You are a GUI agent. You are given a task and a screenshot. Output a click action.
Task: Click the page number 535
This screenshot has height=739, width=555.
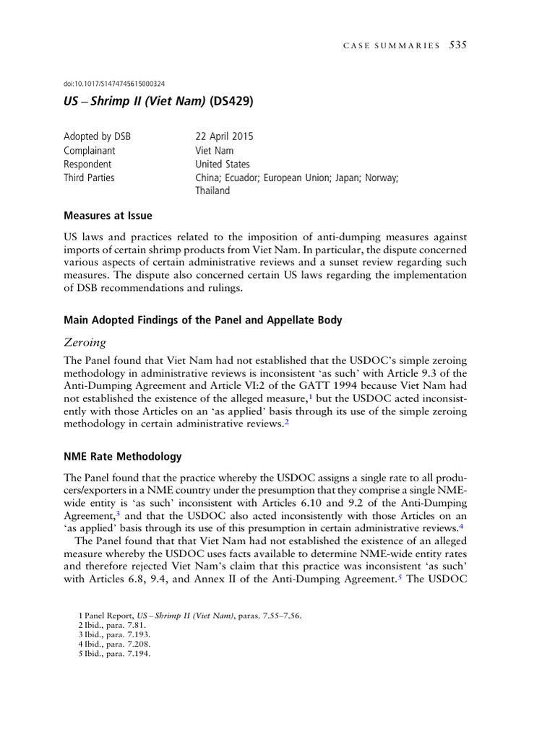pyautogui.click(x=458, y=45)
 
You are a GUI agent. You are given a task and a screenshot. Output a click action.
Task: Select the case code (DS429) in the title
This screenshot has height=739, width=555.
pyautogui.click(x=232, y=102)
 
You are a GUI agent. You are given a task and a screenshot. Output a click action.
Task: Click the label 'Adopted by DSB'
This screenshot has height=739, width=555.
pyautogui.click(x=98, y=136)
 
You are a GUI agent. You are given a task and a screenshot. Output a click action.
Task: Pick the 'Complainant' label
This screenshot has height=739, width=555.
pyautogui.click(x=90, y=150)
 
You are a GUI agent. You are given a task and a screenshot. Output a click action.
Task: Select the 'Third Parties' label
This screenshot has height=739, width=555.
pyautogui.click(x=89, y=178)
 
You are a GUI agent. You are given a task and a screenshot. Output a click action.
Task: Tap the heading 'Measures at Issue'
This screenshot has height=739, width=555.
pyautogui.click(x=108, y=215)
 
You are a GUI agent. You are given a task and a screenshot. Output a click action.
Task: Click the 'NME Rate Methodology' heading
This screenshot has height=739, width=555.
pyautogui.click(x=123, y=456)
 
